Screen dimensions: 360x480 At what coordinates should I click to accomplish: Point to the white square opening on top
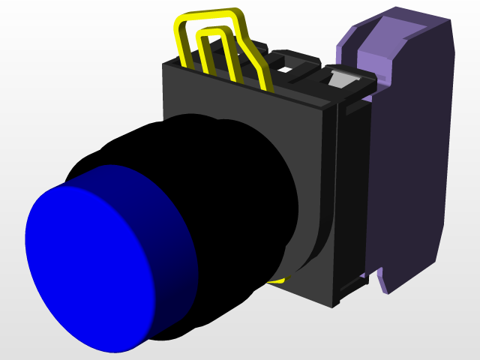[x=285, y=70]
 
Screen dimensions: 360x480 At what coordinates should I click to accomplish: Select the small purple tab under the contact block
[x=383, y=280]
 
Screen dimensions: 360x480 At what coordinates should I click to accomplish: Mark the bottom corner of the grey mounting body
[x=333, y=304]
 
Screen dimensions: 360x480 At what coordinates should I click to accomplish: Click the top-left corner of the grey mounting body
[x=166, y=67]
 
